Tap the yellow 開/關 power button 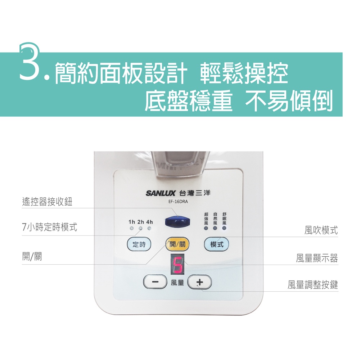[x=177, y=244]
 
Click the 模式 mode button [x=216, y=244]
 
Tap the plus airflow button [x=199, y=282]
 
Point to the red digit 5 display [x=177, y=265]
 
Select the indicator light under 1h [x=131, y=229]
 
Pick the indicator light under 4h [x=149, y=229]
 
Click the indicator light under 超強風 [x=206, y=228]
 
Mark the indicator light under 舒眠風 [x=224, y=228]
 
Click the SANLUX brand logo [x=161, y=193]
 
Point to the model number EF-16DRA [x=178, y=202]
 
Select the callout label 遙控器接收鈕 [x=47, y=202]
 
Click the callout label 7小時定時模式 [x=50, y=227]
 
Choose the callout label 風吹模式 [x=321, y=230]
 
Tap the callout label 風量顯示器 [x=317, y=258]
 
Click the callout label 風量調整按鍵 [x=313, y=285]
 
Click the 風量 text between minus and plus [x=177, y=283]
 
